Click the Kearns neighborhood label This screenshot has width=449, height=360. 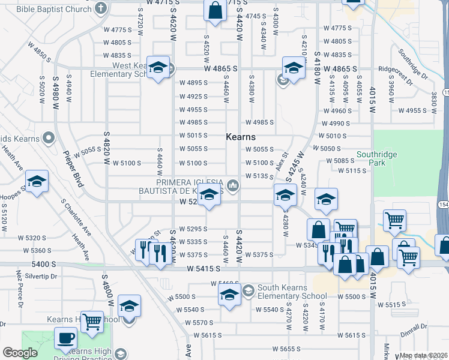tap(241, 137)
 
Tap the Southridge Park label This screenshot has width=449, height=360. tap(378, 158)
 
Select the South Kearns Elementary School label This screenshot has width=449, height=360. tap(292, 292)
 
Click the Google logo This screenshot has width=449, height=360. tap(20, 353)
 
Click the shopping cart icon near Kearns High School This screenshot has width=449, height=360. tap(91, 322)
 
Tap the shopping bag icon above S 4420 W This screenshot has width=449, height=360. tap(215, 11)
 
